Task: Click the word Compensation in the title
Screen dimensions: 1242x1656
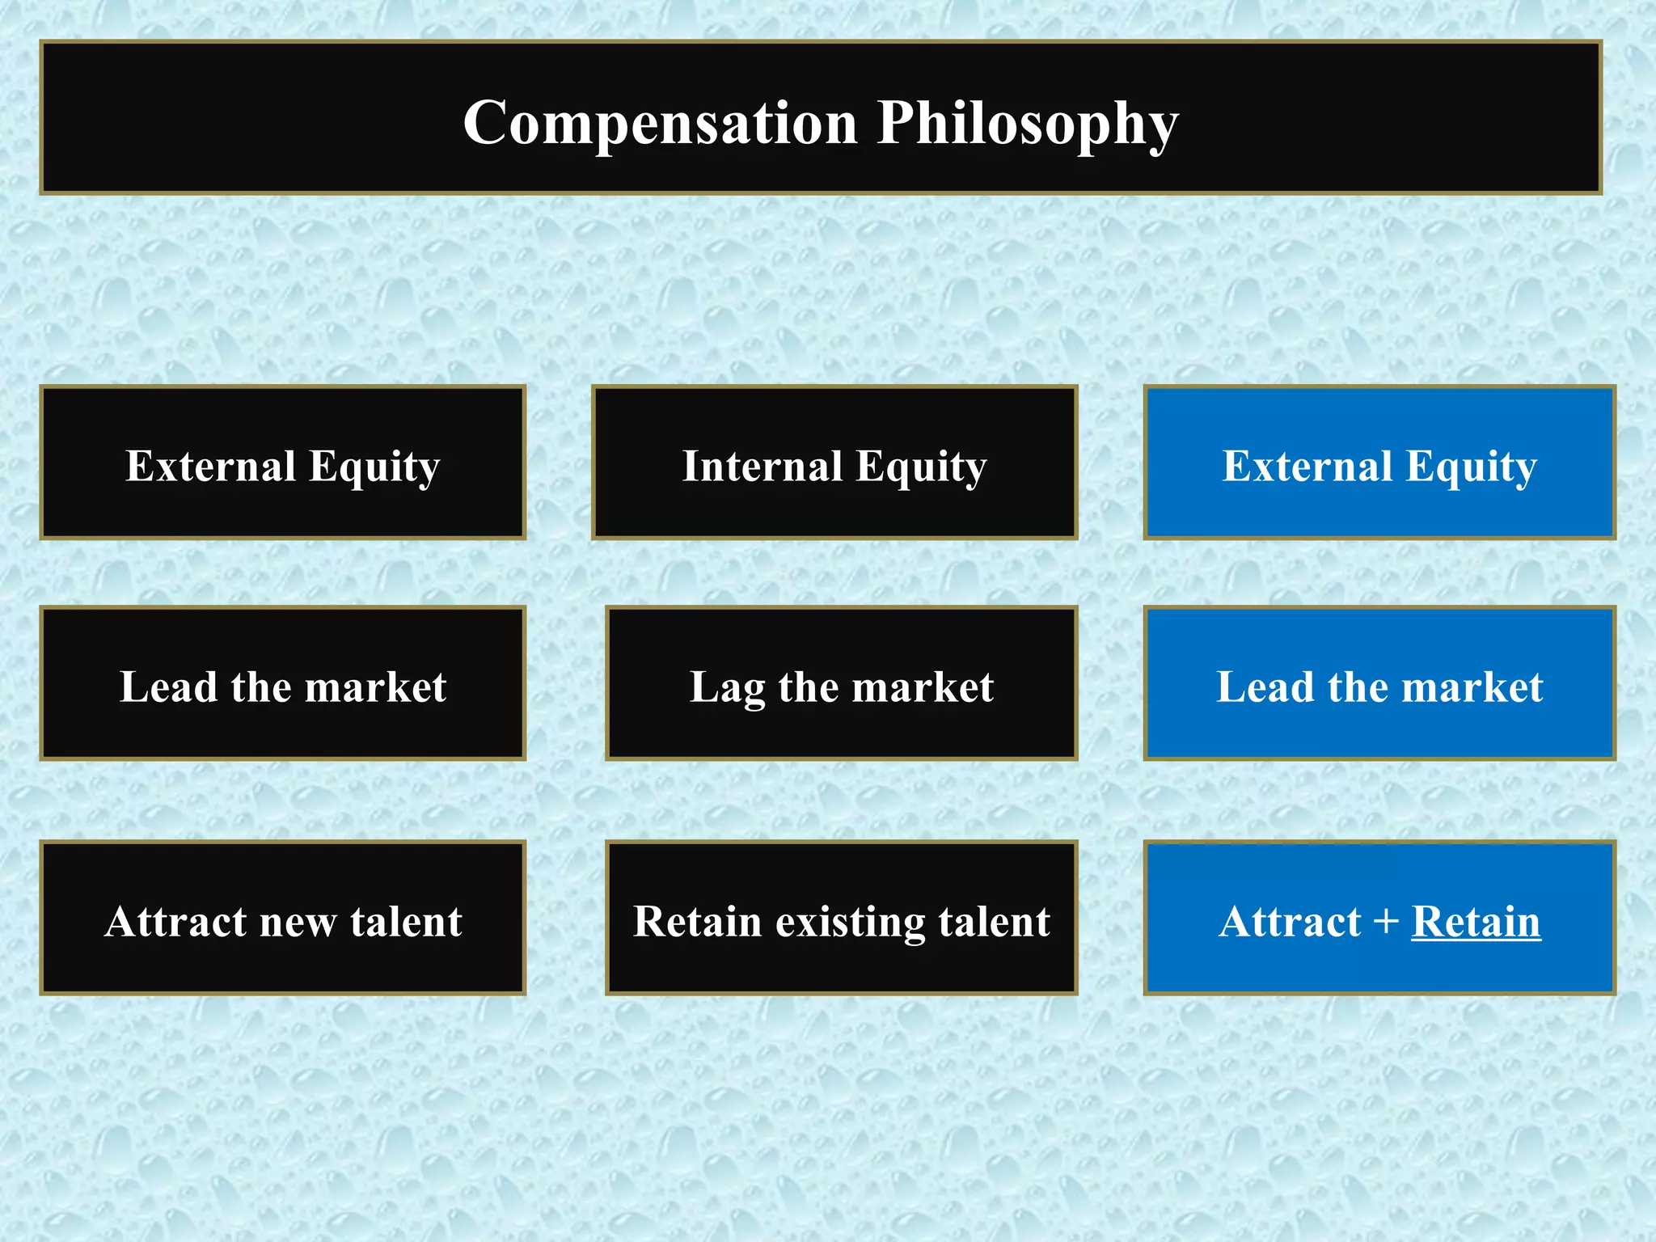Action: pos(660,123)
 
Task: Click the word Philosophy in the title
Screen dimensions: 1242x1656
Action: pos(1028,123)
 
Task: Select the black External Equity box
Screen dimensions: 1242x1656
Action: pos(283,463)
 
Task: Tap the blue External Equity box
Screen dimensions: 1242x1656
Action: pos(1379,463)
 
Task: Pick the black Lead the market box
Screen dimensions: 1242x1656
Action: pos(283,683)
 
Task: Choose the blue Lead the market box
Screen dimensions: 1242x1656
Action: pos(1379,683)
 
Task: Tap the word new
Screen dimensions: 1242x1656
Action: pos(298,923)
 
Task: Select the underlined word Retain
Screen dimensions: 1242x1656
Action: pos(1476,921)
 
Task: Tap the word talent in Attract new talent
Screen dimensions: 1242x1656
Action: pos(406,921)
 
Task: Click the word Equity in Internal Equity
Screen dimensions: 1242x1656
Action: pos(921,467)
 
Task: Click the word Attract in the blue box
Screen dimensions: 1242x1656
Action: pos(1290,921)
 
